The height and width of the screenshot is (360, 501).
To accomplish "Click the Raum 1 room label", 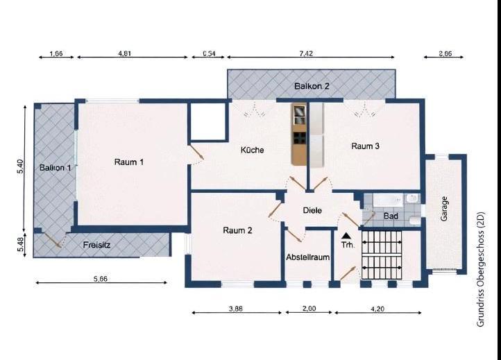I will point(129,162).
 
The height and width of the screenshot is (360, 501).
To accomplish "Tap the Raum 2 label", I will point(237,230).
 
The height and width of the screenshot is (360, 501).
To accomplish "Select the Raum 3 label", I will point(365,146).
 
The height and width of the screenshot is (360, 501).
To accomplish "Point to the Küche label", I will point(252,150).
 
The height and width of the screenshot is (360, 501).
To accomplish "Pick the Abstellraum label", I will point(307,257).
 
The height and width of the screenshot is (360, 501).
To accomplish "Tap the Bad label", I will point(391,216).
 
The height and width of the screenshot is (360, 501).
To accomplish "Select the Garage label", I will point(444,209).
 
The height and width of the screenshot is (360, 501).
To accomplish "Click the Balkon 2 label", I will point(312,86).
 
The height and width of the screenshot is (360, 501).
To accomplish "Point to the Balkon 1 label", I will point(55,168).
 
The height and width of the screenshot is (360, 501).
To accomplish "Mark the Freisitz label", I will point(97,245).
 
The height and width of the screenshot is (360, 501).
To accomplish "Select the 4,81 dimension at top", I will point(126,54).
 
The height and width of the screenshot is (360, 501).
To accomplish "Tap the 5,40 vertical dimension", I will point(20,169).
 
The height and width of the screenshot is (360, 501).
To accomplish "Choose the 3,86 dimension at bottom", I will point(235,309).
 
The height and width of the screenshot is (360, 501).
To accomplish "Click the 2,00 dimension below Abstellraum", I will point(309,309).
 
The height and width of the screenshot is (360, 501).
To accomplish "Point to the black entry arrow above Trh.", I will point(346,237).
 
